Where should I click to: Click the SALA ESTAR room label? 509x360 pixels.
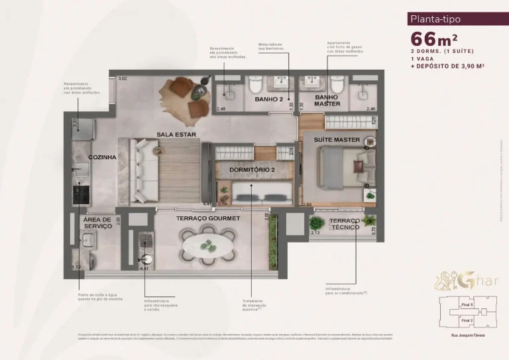pyautogui.click(x=174, y=134)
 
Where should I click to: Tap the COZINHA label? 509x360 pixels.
pyautogui.click(x=102, y=157)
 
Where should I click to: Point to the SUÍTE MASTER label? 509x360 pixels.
pyautogui.click(x=337, y=140)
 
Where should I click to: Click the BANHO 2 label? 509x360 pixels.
pyautogui.click(x=269, y=99)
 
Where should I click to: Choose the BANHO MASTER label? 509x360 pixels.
pyautogui.click(x=327, y=100)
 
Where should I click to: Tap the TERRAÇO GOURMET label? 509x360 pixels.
pyautogui.click(x=207, y=217)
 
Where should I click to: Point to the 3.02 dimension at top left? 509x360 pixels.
pyautogui.click(x=121, y=79)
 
